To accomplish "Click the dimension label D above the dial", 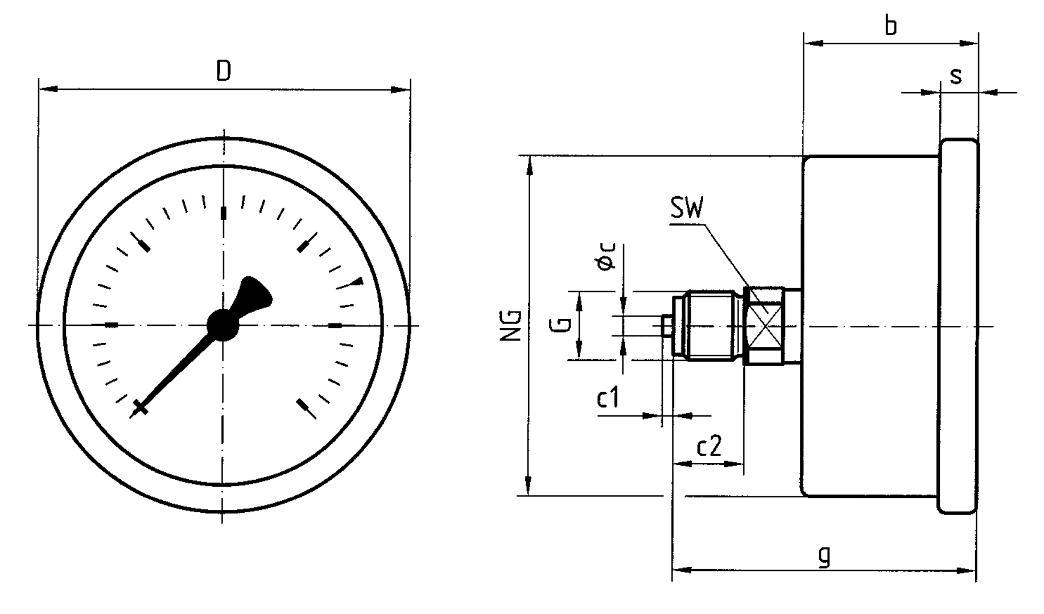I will [x=224, y=72].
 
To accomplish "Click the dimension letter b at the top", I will [x=891, y=26].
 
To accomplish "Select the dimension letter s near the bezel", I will [x=956, y=76].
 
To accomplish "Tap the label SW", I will [x=687, y=209].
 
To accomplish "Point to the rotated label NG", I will [x=511, y=325].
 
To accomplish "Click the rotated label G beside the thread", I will [x=560, y=325].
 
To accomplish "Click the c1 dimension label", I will [x=608, y=399].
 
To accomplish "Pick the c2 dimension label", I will [x=709, y=447].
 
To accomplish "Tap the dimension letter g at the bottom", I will [x=824, y=555].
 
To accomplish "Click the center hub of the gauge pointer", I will [x=222, y=325].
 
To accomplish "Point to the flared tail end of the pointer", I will [x=254, y=292].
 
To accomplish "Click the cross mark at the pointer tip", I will [x=140, y=408].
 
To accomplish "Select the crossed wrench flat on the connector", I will [x=764, y=325].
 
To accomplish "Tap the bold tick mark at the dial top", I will [x=223, y=213].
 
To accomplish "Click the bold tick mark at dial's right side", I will [x=336, y=326].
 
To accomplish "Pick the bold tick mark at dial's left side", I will [x=112, y=325].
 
